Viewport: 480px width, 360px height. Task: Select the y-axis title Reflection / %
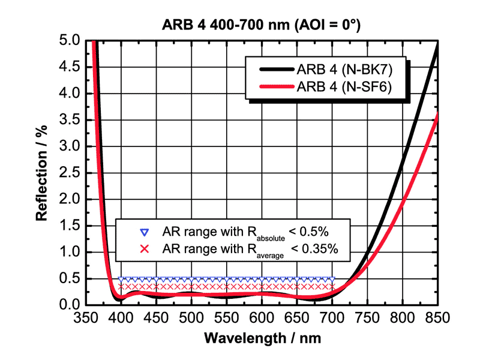(42, 173)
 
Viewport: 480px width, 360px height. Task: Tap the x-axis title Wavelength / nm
(262, 338)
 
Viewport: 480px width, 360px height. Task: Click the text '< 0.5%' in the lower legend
(308, 231)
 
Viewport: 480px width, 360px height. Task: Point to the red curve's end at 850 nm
(437, 115)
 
